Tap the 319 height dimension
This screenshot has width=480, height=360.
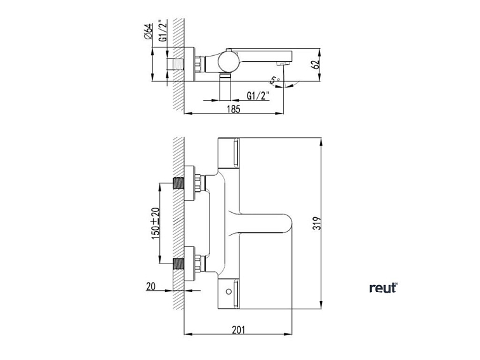point(317,223)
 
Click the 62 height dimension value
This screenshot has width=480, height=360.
point(317,63)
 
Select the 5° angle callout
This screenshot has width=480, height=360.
point(274,80)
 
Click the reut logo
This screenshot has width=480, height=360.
point(383,288)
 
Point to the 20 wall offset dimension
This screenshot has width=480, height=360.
point(150,286)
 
